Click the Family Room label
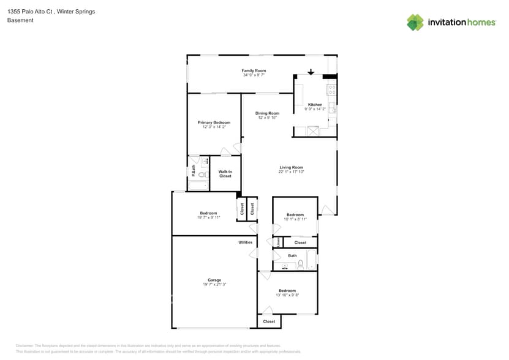pyautogui.click(x=254, y=71)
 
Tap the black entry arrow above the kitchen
pyautogui.click(x=311, y=72)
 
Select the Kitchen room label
pyautogui.click(x=315, y=105)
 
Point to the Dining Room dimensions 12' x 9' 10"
pyautogui.click(x=267, y=118)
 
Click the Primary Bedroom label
pyautogui.click(x=214, y=122)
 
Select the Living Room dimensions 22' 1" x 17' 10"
pyautogui.click(x=292, y=172)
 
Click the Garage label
pyautogui.click(x=214, y=280)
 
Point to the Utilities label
pyautogui.click(x=245, y=242)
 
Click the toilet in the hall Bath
pyautogui.click(x=300, y=264)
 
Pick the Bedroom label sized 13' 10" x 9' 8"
pyautogui.click(x=287, y=291)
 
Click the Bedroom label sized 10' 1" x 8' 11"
pyautogui.click(x=295, y=215)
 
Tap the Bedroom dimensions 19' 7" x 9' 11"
pyautogui.click(x=208, y=217)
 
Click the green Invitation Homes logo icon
pyautogui.click(x=415, y=22)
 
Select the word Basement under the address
pyautogui.click(x=20, y=20)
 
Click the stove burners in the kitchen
pyautogui.click(x=331, y=89)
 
